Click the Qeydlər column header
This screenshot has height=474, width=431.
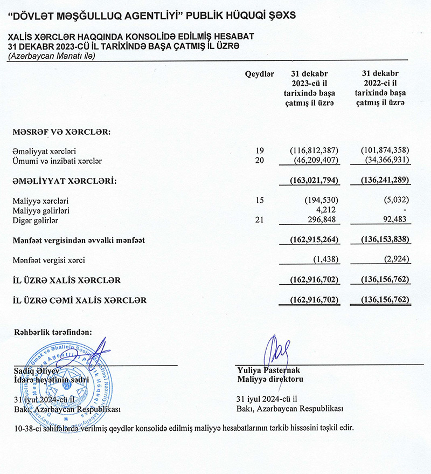(x=260, y=74)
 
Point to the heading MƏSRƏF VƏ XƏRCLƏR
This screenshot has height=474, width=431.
(x=61, y=131)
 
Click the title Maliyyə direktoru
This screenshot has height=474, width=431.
(x=270, y=379)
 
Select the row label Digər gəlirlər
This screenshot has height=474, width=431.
(x=36, y=220)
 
